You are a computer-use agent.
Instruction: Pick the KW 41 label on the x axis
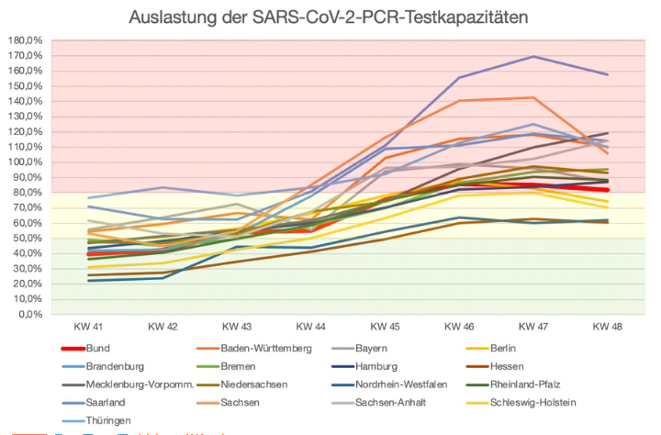point(89,328)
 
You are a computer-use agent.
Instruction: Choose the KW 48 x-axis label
point(607,328)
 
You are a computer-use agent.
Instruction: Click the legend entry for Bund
point(98,349)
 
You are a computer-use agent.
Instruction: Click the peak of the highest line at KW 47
point(532,57)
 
